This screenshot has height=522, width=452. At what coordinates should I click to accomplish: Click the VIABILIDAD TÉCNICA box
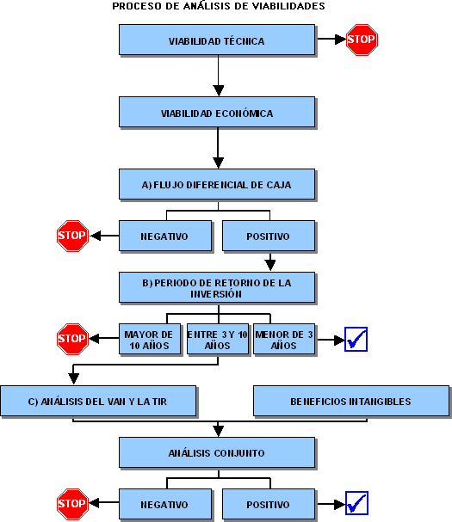(x=217, y=40)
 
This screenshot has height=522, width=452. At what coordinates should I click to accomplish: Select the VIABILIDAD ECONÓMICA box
(x=217, y=112)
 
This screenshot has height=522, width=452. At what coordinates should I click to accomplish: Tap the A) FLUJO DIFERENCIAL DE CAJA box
(x=217, y=184)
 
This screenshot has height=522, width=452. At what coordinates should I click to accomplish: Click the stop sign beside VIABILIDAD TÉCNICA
(x=362, y=40)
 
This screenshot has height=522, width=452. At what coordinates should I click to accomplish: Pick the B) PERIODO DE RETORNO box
(x=217, y=287)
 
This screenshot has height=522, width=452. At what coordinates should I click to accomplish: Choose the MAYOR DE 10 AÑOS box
(x=150, y=339)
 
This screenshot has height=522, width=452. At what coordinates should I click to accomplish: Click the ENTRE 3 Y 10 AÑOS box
(x=218, y=339)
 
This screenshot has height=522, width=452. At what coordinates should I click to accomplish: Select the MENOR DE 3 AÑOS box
(x=284, y=339)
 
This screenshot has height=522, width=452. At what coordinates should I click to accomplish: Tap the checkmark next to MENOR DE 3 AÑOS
(x=356, y=339)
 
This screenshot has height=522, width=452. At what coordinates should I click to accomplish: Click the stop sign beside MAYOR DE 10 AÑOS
(x=72, y=339)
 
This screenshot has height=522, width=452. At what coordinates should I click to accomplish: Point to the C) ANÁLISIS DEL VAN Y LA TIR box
(x=98, y=401)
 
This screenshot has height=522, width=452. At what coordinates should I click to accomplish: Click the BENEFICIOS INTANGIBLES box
(x=351, y=401)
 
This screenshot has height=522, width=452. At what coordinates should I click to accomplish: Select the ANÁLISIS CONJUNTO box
(x=217, y=452)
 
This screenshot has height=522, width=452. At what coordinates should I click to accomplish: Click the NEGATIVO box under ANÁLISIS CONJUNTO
(x=165, y=504)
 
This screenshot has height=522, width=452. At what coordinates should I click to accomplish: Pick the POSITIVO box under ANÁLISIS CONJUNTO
(x=269, y=504)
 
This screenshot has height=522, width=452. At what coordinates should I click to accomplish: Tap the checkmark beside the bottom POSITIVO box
(x=356, y=503)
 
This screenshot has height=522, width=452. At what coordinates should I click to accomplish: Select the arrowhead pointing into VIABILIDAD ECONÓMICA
(x=219, y=91)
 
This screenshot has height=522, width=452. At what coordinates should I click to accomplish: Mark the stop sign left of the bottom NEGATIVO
(x=72, y=504)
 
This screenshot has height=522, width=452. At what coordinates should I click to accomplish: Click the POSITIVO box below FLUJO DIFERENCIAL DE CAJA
(x=269, y=236)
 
